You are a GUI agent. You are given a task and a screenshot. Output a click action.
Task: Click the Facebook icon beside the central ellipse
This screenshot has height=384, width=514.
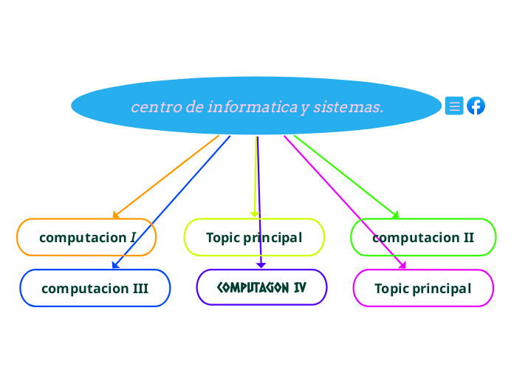coord(476,106)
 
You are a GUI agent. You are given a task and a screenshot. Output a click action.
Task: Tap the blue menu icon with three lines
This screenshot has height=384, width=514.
coord(455,106)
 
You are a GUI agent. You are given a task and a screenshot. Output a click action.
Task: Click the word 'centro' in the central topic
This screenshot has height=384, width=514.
coord(157,107)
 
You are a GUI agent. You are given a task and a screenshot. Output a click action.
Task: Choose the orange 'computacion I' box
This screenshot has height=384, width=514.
coord(86,237)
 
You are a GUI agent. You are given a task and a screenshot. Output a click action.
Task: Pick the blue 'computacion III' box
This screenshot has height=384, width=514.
coord(95,288)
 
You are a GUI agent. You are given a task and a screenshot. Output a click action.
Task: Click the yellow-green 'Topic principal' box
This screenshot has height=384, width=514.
coord(254,237)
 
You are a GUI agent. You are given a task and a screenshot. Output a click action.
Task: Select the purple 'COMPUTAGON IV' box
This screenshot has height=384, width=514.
coord(261,287)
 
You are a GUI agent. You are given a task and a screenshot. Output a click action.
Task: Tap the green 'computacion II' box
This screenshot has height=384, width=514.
coord(423,237)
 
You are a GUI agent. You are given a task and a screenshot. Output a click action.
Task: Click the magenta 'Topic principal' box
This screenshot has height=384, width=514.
coord(422,288)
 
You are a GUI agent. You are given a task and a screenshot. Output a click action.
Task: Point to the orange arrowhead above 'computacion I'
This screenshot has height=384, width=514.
coord(116,216)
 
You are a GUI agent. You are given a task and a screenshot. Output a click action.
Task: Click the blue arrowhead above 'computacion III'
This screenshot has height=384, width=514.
coord(116,265)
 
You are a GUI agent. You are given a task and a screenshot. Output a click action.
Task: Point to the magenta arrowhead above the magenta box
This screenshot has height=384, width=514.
coord(402,265)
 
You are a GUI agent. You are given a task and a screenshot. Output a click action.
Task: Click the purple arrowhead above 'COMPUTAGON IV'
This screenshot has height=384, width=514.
coord(261,265)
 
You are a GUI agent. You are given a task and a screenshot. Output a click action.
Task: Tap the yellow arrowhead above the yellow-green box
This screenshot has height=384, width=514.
coord(255,215)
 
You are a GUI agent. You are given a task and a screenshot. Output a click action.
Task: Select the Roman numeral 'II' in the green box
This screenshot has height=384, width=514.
coord(468,238)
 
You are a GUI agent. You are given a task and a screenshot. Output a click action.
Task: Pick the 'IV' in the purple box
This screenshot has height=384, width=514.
coord(299,287)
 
